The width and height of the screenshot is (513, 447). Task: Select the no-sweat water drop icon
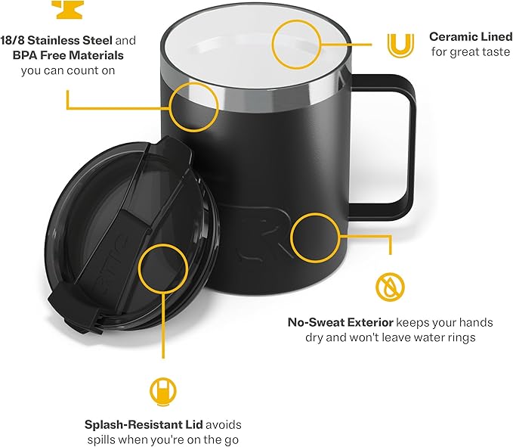(x=390, y=286)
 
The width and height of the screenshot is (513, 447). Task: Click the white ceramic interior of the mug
(x=242, y=45)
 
